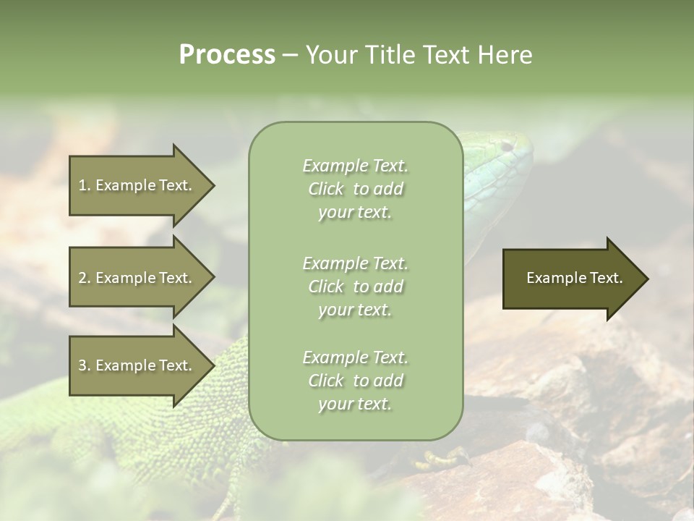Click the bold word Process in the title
(x=227, y=55)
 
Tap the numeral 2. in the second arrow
(x=85, y=278)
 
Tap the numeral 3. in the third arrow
(x=85, y=365)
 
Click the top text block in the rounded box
(x=355, y=189)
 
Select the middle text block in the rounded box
(x=355, y=287)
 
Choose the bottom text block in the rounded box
(x=355, y=381)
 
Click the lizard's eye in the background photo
(x=506, y=146)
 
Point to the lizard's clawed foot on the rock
(x=445, y=457)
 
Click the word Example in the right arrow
(x=551, y=278)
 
